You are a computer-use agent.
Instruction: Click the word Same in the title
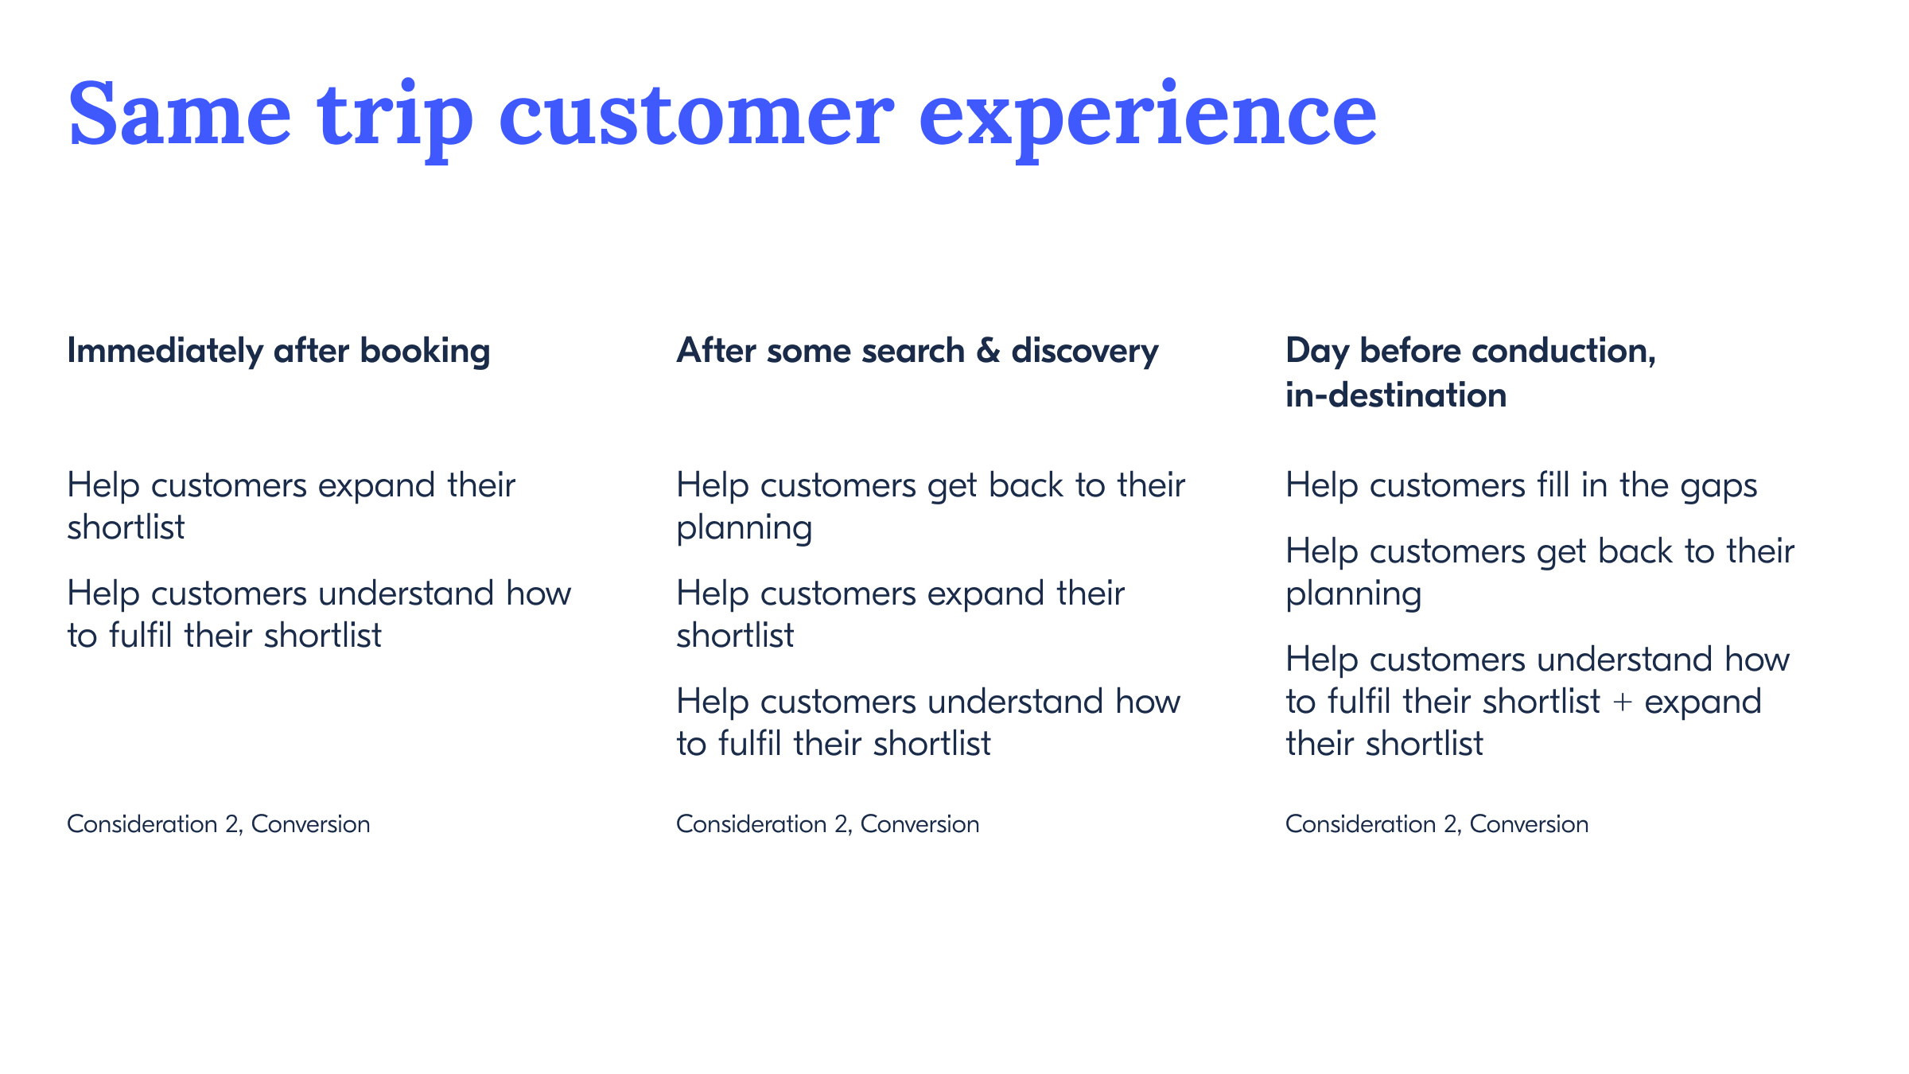tap(180, 114)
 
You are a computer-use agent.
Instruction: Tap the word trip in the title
tap(395, 120)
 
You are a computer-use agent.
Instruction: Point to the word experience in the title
tap(1148, 120)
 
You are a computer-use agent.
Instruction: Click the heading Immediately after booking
tap(278, 352)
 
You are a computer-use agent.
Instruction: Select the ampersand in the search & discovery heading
tap(988, 351)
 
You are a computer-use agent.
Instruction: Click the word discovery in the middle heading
tap(1085, 352)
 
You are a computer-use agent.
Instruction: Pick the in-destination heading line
tap(1396, 395)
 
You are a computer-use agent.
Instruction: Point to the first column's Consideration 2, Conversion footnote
tap(219, 824)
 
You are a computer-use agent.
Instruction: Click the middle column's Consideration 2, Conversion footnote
tap(827, 824)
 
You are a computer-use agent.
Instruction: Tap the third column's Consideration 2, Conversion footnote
tap(1437, 824)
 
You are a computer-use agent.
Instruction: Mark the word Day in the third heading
tap(1317, 352)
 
